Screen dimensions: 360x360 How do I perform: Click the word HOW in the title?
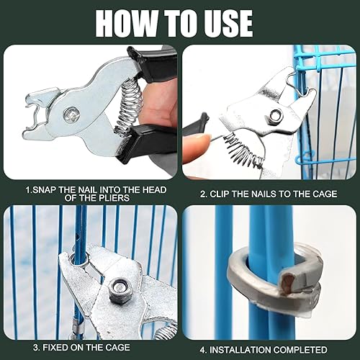(x=127, y=23)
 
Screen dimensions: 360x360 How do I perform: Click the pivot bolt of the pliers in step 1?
(x=71, y=114)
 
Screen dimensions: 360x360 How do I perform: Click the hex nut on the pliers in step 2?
(x=276, y=114)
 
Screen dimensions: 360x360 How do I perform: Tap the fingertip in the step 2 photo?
(x=196, y=149)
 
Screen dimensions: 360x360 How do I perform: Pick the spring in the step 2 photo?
(x=243, y=149)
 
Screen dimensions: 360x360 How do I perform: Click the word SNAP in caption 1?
(x=45, y=190)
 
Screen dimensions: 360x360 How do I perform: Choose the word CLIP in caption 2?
(x=220, y=194)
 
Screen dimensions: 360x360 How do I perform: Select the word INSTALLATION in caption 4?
(x=240, y=350)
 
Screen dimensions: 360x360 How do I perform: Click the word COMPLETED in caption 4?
(x=300, y=350)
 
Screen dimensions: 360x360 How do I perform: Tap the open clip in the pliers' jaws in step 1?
(x=34, y=112)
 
